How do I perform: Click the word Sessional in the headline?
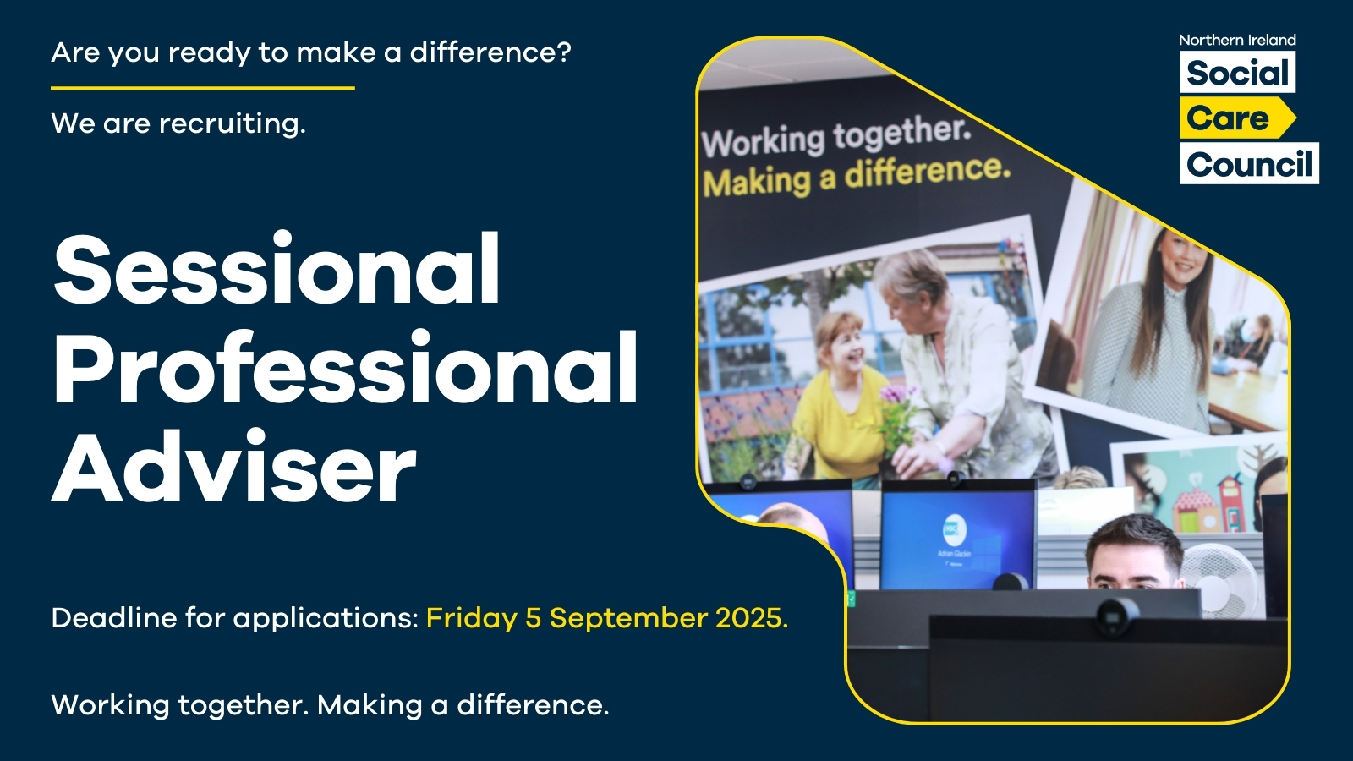277,269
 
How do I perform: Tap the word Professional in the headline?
346,368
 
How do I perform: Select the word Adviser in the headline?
234,466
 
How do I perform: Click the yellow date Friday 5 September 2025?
607,618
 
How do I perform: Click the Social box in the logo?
1238,72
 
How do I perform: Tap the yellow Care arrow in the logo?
1238,118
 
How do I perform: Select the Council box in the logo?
1249,164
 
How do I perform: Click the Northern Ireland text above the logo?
1238,40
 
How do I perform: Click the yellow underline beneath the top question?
202,88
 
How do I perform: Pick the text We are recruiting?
178,123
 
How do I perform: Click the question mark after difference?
564,52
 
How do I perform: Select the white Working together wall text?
836,138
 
